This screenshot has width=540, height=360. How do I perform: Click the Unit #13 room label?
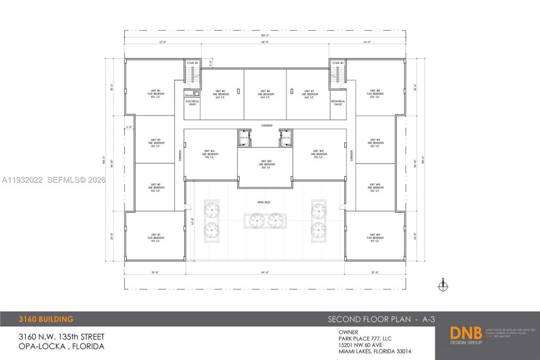(x=265, y=165)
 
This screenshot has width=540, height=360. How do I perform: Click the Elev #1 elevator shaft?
(x=244, y=138)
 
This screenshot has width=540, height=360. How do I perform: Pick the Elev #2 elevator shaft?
(x=286, y=138)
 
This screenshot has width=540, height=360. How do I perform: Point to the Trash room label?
(x=189, y=95)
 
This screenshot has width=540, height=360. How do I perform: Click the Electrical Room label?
(x=192, y=103)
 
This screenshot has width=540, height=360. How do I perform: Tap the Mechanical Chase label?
(x=338, y=103)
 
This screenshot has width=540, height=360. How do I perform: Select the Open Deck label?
(x=264, y=203)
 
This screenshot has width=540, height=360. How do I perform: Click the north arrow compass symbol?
(x=443, y=286)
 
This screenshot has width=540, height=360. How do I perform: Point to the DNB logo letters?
(x=466, y=333)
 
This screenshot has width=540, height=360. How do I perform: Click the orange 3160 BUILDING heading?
(x=46, y=319)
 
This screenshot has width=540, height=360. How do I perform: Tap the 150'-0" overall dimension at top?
(x=265, y=36)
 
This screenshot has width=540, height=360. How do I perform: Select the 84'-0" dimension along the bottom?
(x=265, y=273)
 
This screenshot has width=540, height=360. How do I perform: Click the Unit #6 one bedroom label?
(x=265, y=94)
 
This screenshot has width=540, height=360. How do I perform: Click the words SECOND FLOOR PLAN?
(x=369, y=319)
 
